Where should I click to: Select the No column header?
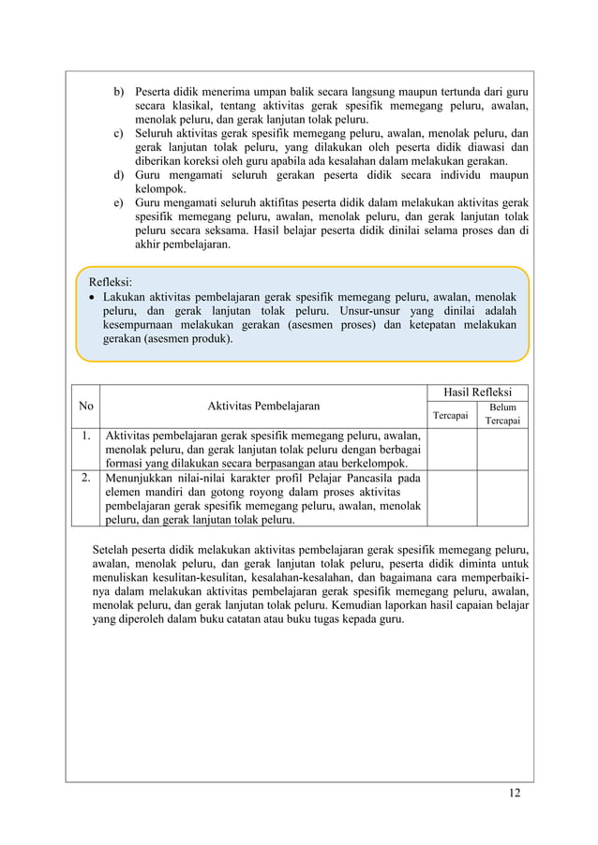pos(86,407)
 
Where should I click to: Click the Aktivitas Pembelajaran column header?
pos(263,407)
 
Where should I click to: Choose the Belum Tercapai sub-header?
pos(502,414)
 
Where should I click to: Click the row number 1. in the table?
pos(85,436)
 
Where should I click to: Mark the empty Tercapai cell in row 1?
pos(451,450)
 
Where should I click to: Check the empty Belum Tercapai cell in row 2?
pos(502,498)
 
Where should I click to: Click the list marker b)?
pos(119,93)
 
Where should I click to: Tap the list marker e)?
pos(119,203)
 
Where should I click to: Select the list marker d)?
pos(119,175)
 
